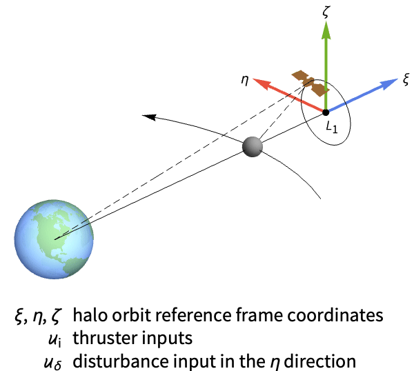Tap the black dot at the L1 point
(x=326, y=112)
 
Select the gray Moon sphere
(x=253, y=146)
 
